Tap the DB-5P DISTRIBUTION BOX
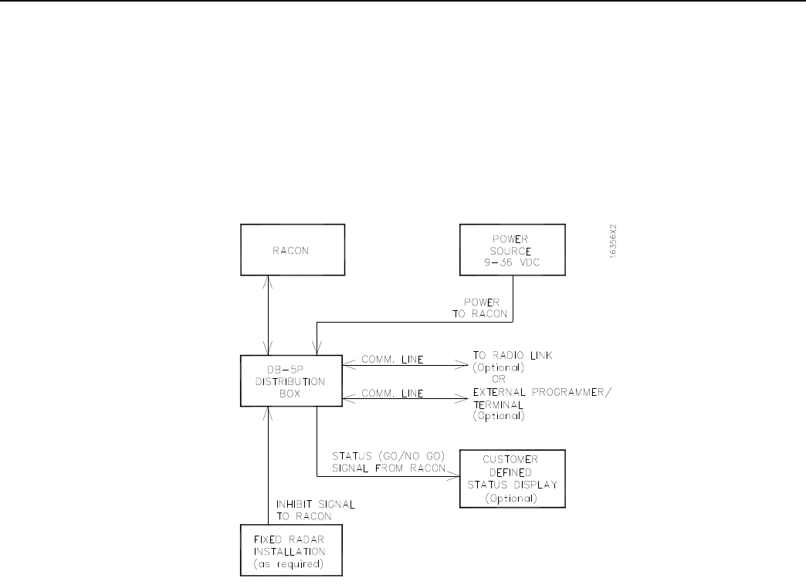click(x=290, y=381)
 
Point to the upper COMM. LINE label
click(x=393, y=360)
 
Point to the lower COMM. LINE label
click(x=393, y=393)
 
